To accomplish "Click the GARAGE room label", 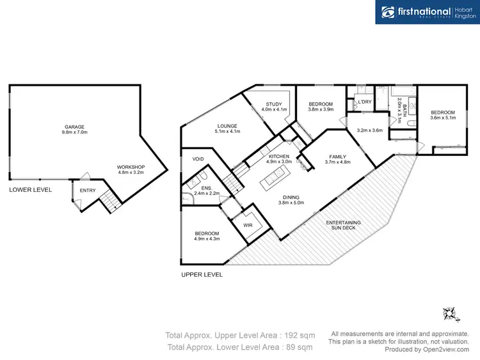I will coord(74,127).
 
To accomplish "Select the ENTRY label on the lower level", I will coord(86,191).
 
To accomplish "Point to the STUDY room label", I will coord(274,104).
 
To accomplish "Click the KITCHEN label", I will coord(279,156).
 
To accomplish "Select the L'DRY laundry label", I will coord(365,102).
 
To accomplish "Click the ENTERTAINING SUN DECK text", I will coord(344,224).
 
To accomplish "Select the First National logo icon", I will coord(388,12).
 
